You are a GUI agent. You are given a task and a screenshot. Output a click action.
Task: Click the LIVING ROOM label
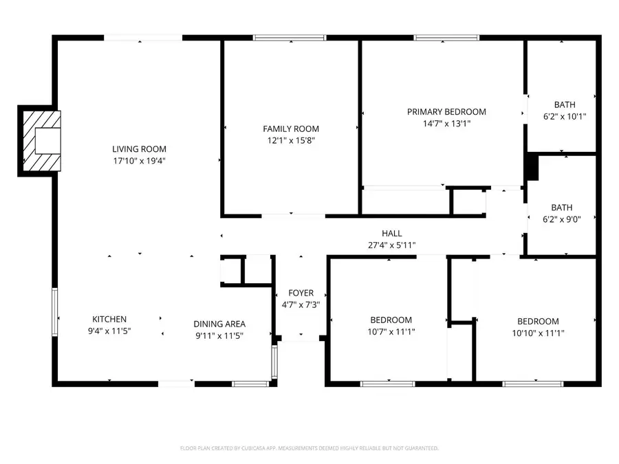click(140, 148)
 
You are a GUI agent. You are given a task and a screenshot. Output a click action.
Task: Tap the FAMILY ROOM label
click(291, 129)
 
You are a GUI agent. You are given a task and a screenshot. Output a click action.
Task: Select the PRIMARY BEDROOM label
click(446, 112)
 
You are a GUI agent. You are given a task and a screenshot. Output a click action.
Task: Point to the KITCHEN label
click(109, 319)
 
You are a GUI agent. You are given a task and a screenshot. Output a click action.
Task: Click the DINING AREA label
click(219, 324)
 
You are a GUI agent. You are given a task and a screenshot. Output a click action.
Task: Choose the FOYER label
click(301, 293)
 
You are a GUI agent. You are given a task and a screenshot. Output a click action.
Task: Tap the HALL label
click(392, 234)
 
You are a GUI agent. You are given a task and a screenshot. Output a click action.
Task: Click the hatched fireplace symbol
click(41, 141)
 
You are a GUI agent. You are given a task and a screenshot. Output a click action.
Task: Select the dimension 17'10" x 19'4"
click(140, 160)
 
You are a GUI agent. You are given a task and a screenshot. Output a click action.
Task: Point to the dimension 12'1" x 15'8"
click(291, 140)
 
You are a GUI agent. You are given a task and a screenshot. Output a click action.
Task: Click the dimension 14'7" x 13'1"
click(446, 124)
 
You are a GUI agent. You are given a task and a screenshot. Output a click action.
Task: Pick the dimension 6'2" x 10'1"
click(565, 117)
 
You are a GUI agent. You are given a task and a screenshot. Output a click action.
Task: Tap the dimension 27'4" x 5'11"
click(392, 245)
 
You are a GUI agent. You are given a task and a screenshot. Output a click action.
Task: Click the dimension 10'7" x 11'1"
click(391, 331)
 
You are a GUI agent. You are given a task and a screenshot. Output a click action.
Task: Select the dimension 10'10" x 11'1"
click(538, 333)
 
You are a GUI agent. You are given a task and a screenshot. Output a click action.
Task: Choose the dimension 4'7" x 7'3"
click(301, 305)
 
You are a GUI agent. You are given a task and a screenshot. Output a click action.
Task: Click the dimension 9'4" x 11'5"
click(109, 331)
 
